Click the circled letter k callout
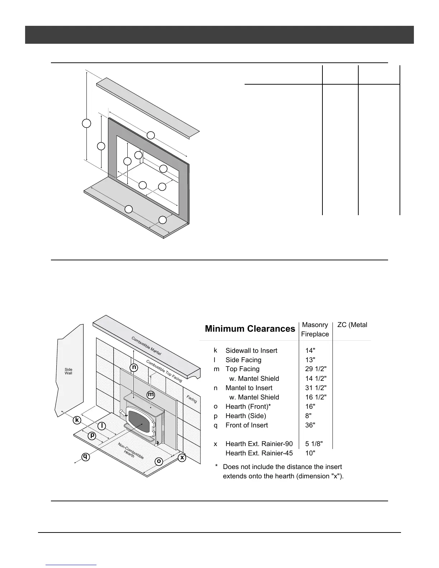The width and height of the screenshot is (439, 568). pos(77,420)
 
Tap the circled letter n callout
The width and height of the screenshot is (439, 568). pos(134,368)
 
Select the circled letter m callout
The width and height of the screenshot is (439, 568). pos(151,394)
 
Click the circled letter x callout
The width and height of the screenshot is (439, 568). pos(182,458)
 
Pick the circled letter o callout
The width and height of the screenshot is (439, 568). pos(159,461)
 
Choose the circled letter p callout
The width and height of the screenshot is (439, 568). pos(92,435)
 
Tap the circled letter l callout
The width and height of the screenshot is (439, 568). pos(102,426)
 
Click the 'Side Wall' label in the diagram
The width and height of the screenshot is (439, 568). pos(69,371)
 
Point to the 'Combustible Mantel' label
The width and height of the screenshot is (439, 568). pos(146,346)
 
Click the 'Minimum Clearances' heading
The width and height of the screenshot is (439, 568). pos(250,329)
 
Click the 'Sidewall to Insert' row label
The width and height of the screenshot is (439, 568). pos(251,351)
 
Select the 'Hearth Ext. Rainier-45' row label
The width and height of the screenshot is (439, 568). pos(259,453)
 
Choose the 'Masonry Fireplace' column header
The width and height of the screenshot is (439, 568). pos(315,330)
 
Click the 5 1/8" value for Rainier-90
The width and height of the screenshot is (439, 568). pos(314,444)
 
